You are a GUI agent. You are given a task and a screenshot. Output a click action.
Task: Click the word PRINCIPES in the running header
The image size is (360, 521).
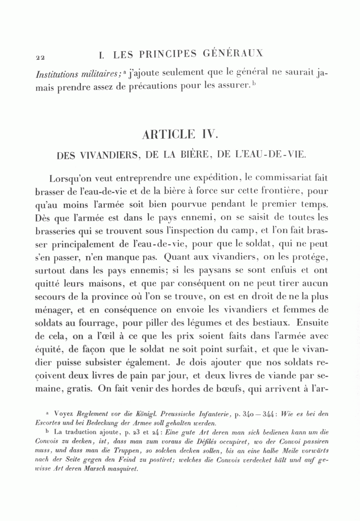pos(166,54)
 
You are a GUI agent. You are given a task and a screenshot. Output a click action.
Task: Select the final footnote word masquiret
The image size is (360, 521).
pos(121,469)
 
